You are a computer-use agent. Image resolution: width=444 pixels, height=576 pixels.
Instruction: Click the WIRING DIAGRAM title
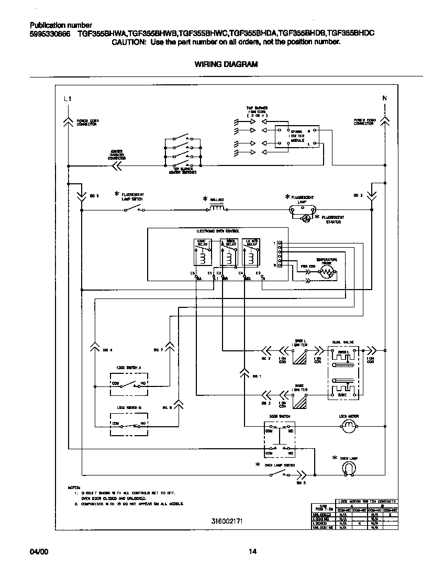coord(226,64)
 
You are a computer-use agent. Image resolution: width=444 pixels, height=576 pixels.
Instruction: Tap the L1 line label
coord(66,99)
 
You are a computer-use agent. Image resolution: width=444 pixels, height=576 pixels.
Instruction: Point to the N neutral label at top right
coord(385,98)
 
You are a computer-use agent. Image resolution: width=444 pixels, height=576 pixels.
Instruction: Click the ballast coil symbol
coord(216,208)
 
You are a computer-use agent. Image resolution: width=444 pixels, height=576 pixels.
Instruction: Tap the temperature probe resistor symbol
coord(328,272)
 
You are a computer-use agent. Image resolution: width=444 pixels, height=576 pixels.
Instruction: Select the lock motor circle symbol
coord(349,428)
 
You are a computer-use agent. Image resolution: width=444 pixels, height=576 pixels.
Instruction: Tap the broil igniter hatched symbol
coord(300,357)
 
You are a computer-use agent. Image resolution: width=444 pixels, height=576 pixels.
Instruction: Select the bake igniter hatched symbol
coord(300,401)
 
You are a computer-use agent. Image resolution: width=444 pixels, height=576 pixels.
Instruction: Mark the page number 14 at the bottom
coord(252,551)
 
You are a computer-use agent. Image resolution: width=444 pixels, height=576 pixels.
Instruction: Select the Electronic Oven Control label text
coord(217,231)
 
